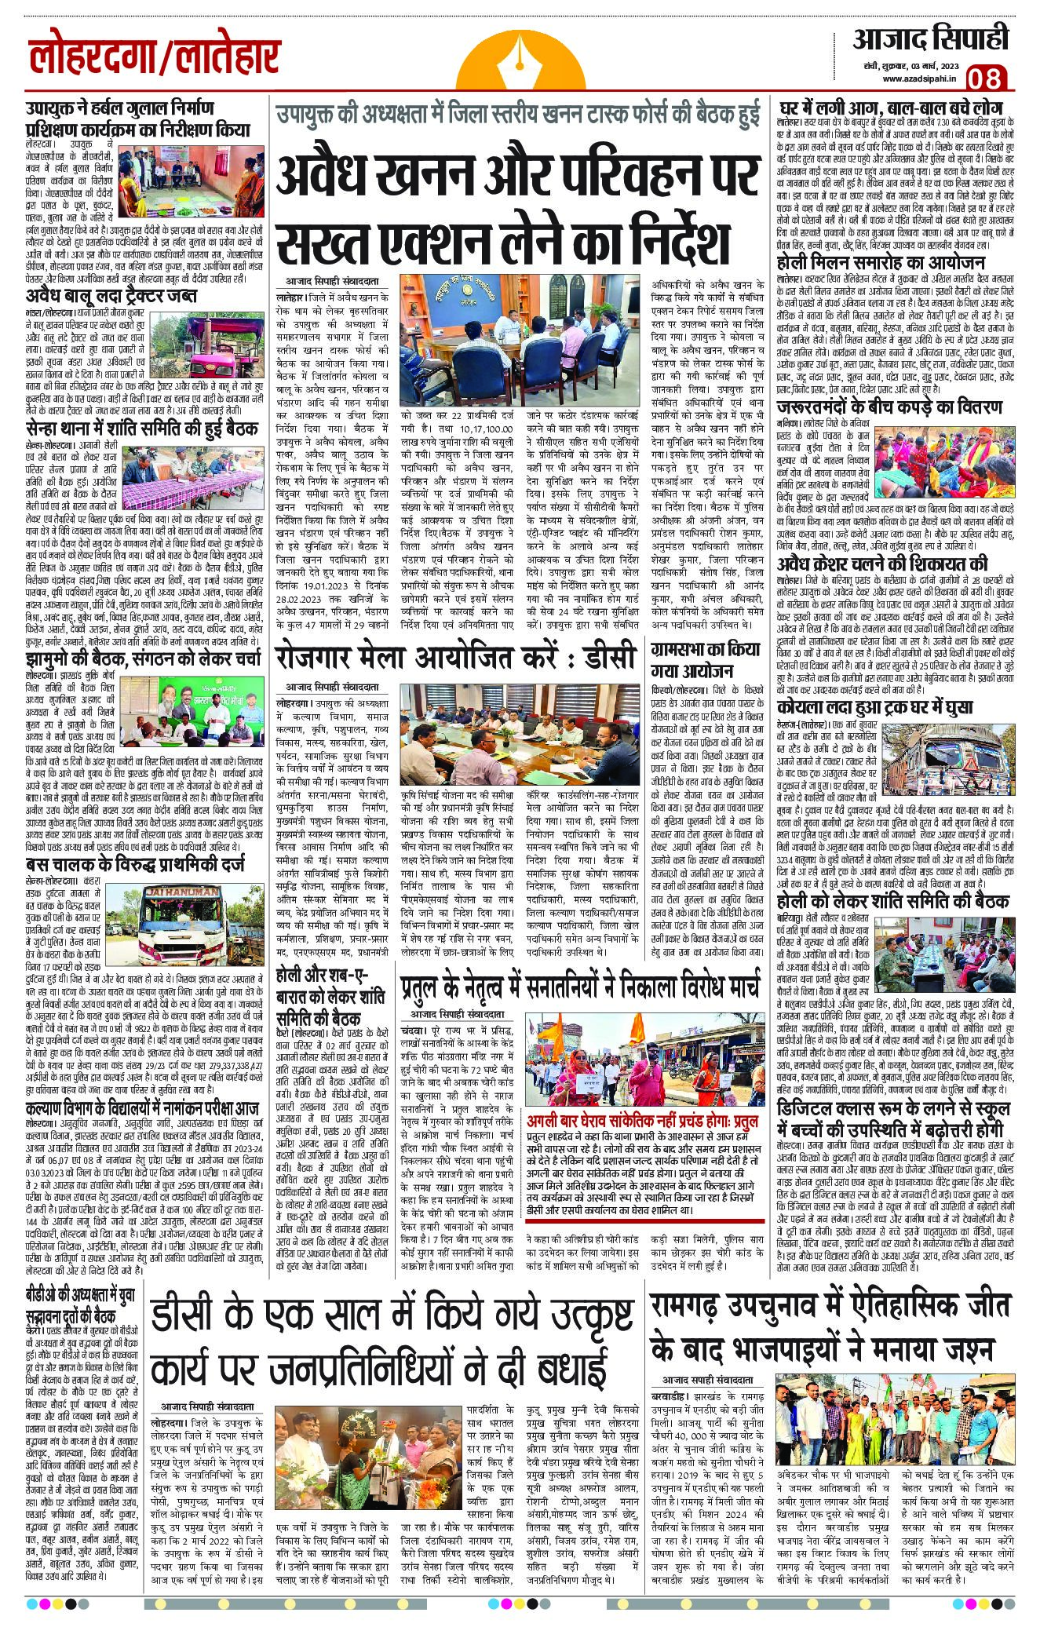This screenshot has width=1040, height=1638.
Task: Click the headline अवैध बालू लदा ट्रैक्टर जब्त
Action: (x=111, y=295)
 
